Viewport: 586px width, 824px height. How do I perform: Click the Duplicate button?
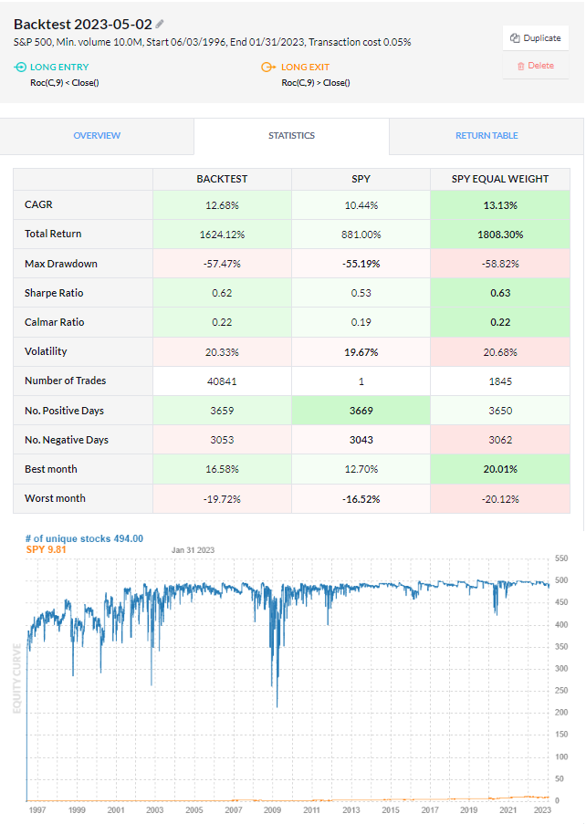[535, 38]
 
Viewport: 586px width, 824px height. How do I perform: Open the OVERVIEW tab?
[97, 136]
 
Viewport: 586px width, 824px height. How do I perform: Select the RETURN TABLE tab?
[487, 136]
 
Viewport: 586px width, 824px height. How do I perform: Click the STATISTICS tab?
[291, 136]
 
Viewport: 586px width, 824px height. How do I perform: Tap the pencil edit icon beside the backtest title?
[161, 24]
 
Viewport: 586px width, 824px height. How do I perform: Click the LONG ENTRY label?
[58, 67]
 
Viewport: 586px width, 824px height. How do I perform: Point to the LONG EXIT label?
[305, 67]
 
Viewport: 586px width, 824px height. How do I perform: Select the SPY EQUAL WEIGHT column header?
[500, 179]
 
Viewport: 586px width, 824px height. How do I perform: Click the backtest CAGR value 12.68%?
[222, 205]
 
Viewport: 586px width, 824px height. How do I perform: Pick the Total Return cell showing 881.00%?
[361, 235]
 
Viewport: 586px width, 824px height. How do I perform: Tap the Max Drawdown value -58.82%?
[500, 264]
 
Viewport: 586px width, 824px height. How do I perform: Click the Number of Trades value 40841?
[222, 381]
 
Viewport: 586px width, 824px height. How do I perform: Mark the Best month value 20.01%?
[500, 469]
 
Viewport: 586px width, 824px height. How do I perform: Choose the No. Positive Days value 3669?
[361, 411]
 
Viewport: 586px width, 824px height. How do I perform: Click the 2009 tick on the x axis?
[272, 809]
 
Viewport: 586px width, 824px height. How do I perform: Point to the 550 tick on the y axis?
[561, 558]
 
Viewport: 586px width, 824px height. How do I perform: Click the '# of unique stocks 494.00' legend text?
[84, 538]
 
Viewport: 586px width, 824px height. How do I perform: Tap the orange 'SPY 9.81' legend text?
[47, 549]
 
